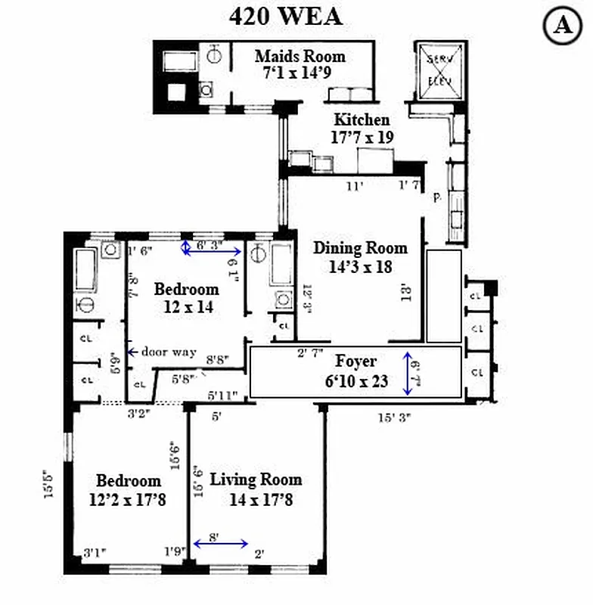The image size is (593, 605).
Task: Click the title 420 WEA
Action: pyautogui.click(x=285, y=16)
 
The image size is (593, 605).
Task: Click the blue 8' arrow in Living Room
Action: pyautogui.click(x=220, y=543)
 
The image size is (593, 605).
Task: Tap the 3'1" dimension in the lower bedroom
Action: pyautogui.click(x=95, y=551)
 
